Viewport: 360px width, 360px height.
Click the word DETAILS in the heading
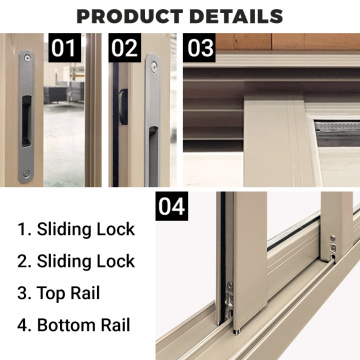click(236, 16)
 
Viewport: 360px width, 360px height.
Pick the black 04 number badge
click(173, 208)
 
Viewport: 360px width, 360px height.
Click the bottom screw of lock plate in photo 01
click(26, 172)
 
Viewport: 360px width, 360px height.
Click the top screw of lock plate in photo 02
click(153, 67)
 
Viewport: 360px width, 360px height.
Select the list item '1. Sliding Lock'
click(75, 229)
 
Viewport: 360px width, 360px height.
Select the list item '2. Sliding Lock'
click(75, 261)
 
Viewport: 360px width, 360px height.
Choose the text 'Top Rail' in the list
click(71, 293)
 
